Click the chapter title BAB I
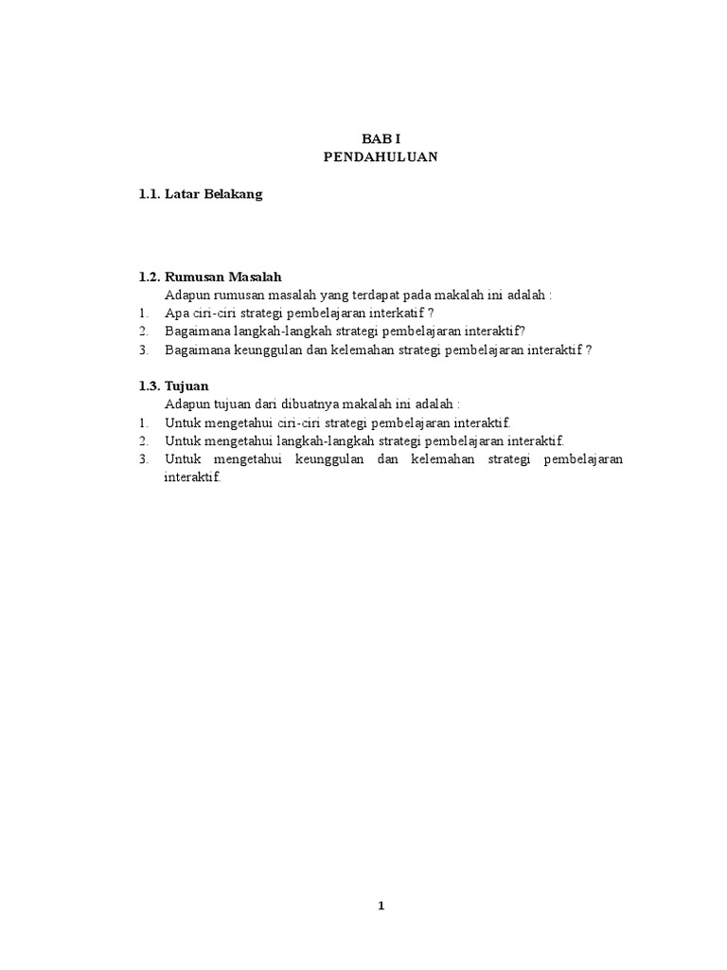click(381, 138)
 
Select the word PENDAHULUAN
click(381, 157)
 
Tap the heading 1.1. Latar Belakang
click(200, 194)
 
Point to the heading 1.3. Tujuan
click(173, 386)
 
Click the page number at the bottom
click(381, 906)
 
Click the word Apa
click(176, 313)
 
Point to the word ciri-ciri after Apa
click(221, 313)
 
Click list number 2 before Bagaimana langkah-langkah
click(143, 331)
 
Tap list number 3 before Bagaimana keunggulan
click(143, 350)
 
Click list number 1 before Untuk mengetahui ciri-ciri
click(143, 422)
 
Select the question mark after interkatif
click(431, 313)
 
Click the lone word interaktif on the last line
click(192, 477)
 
